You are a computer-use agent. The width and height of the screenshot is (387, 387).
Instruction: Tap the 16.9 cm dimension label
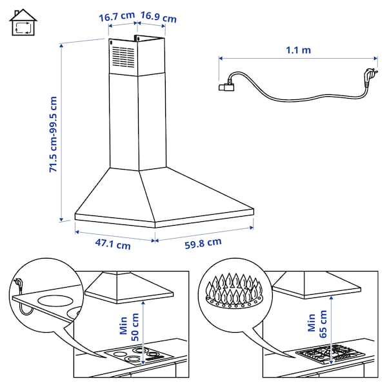point(159,17)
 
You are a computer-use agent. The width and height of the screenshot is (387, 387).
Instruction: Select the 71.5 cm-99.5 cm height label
point(54,135)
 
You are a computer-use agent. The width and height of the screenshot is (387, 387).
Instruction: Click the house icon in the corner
point(23,24)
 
